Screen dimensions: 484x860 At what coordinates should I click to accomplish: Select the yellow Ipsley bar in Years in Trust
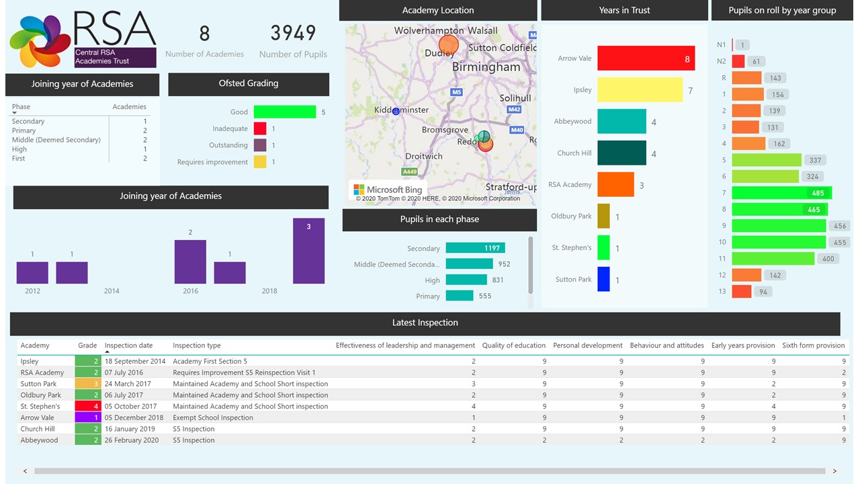(639, 90)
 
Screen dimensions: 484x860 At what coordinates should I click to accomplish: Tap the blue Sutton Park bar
(603, 279)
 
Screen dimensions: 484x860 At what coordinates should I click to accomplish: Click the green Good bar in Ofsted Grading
(284, 112)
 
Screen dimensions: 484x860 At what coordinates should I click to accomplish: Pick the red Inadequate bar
(259, 128)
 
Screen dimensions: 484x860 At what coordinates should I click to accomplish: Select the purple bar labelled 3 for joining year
(308, 251)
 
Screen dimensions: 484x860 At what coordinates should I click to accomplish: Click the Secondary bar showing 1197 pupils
(475, 248)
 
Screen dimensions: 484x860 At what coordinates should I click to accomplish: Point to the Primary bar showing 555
(460, 296)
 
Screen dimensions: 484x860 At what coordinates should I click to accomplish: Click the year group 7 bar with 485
(781, 193)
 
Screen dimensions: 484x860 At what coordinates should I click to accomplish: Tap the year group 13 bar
(741, 292)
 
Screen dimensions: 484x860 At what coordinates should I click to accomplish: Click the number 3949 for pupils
(293, 33)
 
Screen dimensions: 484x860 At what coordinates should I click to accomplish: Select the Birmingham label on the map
(486, 67)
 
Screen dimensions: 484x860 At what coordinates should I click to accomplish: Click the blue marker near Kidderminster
(396, 111)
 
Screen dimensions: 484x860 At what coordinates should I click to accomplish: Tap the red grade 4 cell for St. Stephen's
(87, 406)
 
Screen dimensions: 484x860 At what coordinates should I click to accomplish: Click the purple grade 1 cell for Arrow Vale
(87, 417)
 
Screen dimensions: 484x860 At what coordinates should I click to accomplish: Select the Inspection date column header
(128, 346)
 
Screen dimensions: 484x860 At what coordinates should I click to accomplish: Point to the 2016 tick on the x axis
(190, 291)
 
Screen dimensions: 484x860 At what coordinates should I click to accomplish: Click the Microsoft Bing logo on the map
(388, 190)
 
